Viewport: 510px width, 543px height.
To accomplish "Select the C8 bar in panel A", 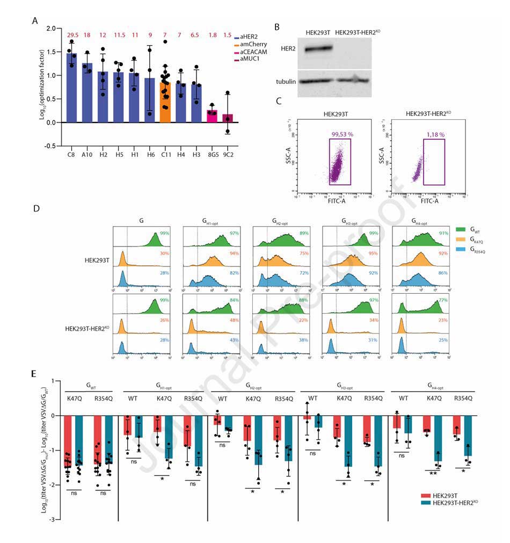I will point(71,88).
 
